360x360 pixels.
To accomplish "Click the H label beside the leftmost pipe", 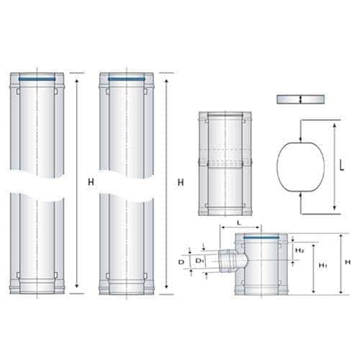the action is click(x=91, y=182).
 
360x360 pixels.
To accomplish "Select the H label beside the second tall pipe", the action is click(x=181, y=182).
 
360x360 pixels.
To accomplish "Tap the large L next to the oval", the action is click(x=342, y=166).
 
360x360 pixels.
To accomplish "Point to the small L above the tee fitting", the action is click(x=239, y=223).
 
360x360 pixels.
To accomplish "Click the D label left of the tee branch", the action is click(x=181, y=262).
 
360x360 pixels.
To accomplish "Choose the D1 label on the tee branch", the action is click(x=199, y=261).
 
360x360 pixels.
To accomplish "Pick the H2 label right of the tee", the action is click(x=300, y=251).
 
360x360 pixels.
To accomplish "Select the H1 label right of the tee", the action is click(x=323, y=265).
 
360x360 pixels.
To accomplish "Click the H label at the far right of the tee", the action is click(x=348, y=262).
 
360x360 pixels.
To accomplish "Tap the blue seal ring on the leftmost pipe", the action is click(x=37, y=78).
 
